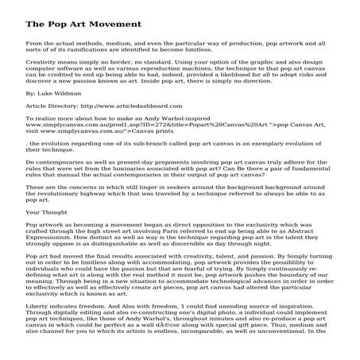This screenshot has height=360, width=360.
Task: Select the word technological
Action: coord(219,291)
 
